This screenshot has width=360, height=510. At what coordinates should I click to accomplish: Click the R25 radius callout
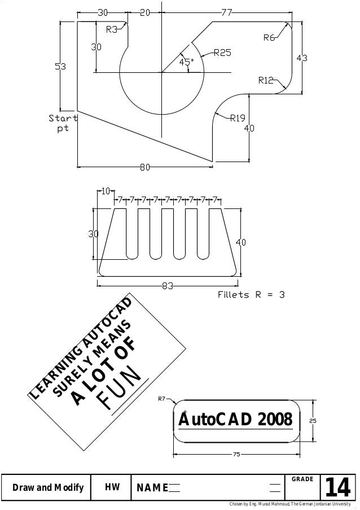pyautogui.click(x=222, y=53)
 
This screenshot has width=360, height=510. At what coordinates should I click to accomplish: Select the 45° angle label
pyautogui.click(x=187, y=62)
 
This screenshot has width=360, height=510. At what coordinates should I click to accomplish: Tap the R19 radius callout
pyautogui.click(x=237, y=118)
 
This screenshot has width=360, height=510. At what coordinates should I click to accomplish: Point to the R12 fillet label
pyautogui.click(x=266, y=80)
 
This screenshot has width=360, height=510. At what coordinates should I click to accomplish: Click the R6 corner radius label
pyautogui.click(x=270, y=38)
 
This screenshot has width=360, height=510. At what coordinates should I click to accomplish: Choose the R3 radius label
pyautogui.click(x=112, y=29)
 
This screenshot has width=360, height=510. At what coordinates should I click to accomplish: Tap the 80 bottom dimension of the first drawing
pyautogui.click(x=145, y=167)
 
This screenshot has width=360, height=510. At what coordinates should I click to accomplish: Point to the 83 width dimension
pyautogui.click(x=168, y=286)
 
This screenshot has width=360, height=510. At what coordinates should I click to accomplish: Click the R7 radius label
pyautogui.click(x=161, y=399)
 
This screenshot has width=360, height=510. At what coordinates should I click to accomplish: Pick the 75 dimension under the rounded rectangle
pyautogui.click(x=237, y=454)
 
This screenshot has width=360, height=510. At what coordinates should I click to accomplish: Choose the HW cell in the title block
pyautogui.click(x=112, y=487)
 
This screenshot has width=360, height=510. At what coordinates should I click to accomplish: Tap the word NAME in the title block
pyautogui.click(x=150, y=488)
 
